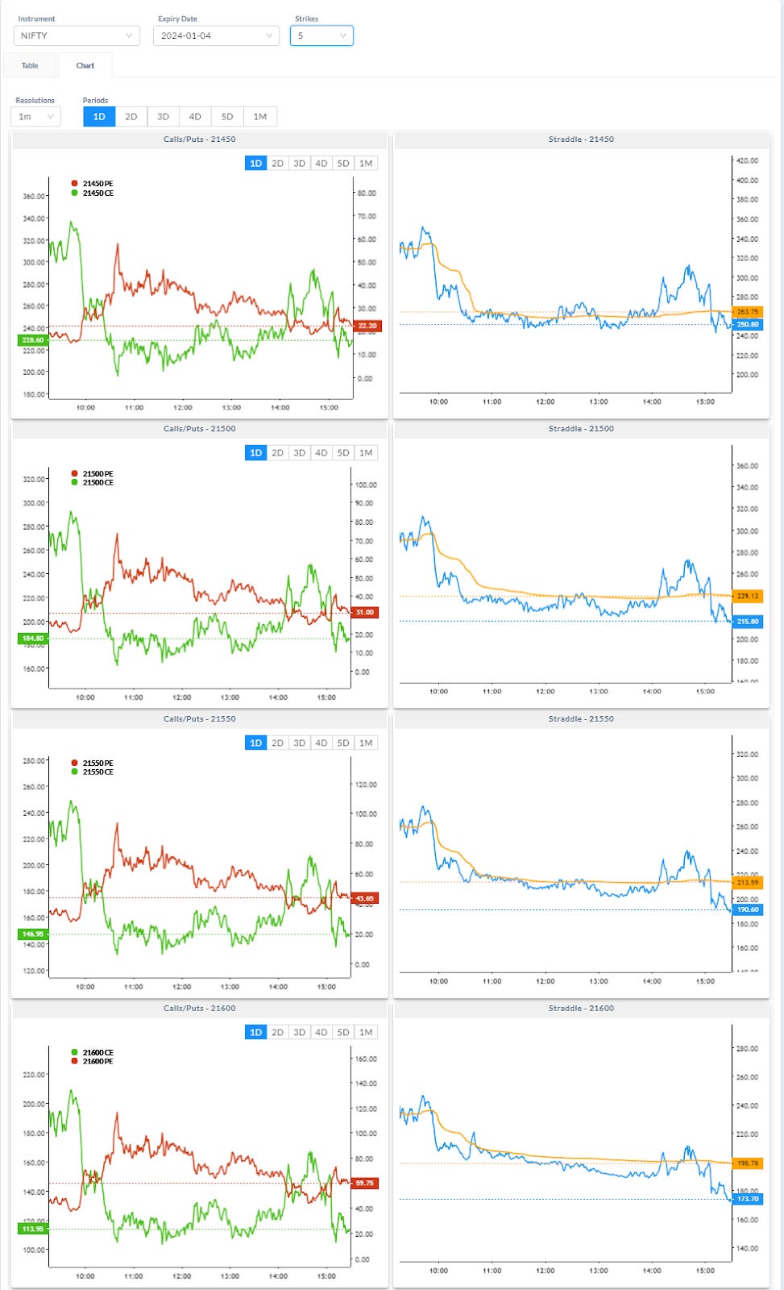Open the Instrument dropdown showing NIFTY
(77, 35)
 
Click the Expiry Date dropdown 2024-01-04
(216, 35)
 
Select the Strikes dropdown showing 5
(321, 35)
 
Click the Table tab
(30, 65)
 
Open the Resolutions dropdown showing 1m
(36, 117)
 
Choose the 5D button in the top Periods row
(227, 117)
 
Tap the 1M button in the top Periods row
(259, 117)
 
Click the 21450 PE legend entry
(97, 184)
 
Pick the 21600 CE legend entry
(97, 1052)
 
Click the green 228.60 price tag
(33, 340)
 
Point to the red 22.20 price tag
(367, 326)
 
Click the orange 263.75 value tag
(748, 311)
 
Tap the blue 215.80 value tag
(748, 622)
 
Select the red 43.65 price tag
(365, 897)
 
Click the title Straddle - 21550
(581, 718)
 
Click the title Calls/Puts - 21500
(199, 428)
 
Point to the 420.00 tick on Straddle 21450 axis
(748, 160)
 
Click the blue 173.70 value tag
(748, 1199)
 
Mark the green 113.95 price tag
(33, 1229)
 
